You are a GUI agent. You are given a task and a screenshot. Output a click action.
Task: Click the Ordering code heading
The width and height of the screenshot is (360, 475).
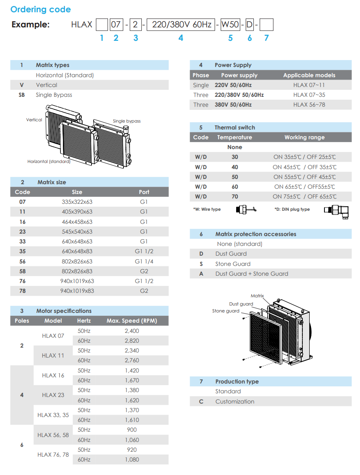(x=40, y=9)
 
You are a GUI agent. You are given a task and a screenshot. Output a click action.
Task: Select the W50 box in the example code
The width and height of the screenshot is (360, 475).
(x=230, y=25)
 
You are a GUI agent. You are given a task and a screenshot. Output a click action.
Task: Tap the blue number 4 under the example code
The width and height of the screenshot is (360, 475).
(x=181, y=38)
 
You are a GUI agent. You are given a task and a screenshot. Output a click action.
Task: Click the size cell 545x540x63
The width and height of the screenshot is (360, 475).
(x=77, y=232)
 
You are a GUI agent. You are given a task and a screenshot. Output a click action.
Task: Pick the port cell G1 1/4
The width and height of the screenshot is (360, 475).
(x=144, y=261)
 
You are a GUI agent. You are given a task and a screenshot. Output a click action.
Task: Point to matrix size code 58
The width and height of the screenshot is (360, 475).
(x=22, y=271)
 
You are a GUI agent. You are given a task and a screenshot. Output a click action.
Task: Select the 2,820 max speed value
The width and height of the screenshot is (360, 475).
(x=132, y=341)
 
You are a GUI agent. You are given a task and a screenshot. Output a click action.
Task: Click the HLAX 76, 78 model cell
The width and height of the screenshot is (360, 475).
(x=53, y=455)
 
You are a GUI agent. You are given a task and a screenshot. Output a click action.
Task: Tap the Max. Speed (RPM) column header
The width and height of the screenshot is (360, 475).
(x=132, y=321)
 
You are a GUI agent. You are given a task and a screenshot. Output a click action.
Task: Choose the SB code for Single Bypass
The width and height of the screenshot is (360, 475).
(x=22, y=95)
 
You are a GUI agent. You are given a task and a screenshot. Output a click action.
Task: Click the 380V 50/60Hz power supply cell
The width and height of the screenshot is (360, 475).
(x=233, y=105)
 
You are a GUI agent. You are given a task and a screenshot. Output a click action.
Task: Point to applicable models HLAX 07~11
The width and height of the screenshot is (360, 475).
(x=309, y=85)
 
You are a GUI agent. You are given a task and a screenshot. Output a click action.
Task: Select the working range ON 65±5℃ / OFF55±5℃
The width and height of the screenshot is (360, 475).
(x=304, y=187)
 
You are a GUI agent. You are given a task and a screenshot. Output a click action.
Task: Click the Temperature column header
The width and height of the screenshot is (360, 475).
(x=235, y=137)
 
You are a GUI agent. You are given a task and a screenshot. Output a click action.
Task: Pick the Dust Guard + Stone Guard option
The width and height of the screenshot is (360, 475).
(x=252, y=274)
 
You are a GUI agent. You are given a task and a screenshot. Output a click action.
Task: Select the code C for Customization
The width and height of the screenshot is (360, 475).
(x=201, y=401)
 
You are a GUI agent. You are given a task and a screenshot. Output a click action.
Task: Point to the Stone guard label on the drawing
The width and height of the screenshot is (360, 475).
(x=226, y=311)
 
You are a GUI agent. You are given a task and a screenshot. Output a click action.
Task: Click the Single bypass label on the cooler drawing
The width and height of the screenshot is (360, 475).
(x=127, y=121)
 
